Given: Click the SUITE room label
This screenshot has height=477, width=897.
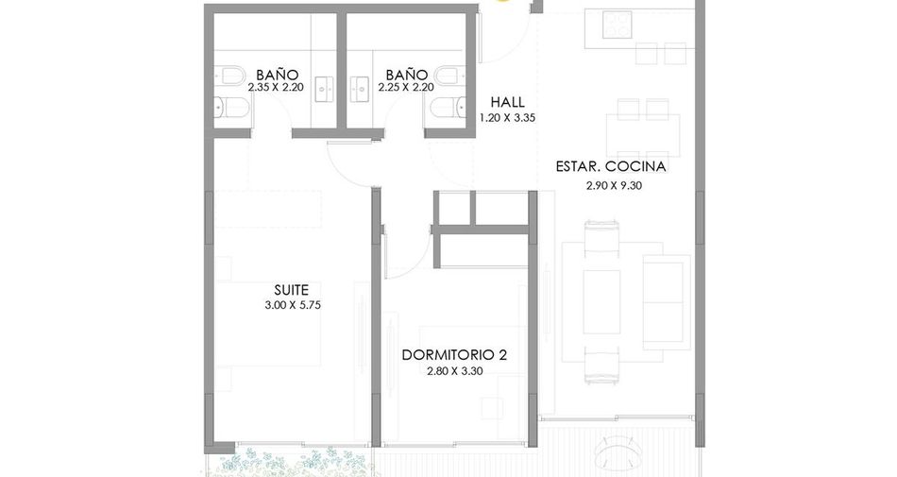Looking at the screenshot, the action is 291,290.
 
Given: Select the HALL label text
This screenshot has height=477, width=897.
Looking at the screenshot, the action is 507,102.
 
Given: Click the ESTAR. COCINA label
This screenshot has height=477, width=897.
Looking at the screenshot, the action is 611,166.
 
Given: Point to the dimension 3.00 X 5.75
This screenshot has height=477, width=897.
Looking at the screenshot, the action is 293,305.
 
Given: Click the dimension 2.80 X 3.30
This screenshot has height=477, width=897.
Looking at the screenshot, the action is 455,371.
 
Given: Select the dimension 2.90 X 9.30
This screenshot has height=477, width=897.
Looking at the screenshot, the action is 614,185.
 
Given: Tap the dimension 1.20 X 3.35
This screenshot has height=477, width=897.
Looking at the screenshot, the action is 507,118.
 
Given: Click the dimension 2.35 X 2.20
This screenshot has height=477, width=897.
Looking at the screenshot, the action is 276,88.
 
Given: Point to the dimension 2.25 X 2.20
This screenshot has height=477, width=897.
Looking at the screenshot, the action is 406,88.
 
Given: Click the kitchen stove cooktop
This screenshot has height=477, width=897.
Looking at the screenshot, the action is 617,24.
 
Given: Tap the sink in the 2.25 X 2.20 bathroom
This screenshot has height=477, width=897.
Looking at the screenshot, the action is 361,89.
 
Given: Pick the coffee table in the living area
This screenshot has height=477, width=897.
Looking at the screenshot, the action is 601,302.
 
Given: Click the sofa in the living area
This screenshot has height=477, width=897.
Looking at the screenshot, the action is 667,301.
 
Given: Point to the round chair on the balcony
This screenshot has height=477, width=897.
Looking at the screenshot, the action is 617,451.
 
